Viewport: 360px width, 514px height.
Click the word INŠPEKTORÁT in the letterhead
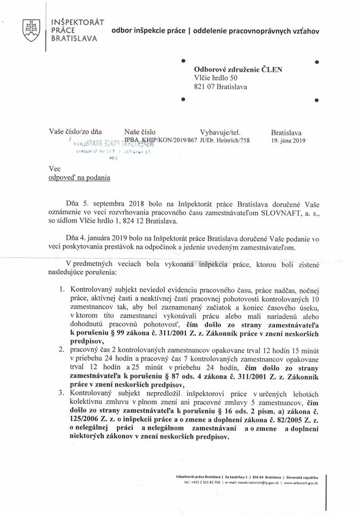pyautogui.click(x=77, y=21)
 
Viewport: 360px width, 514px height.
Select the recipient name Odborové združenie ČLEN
pyautogui.click(x=238, y=69)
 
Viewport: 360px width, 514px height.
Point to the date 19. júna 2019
pyautogui.click(x=288, y=141)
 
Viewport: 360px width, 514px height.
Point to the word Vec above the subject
pyautogui.click(x=54, y=169)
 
